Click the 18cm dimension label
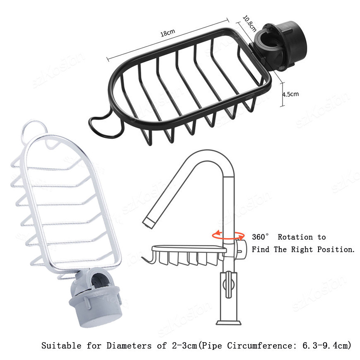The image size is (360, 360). (x=168, y=33)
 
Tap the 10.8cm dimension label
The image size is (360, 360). (x=249, y=24)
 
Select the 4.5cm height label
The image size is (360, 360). (x=291, y=94)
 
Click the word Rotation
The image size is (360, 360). (x=295, y=237)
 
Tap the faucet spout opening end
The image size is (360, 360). (x=149, y=223)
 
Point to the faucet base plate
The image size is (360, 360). (x=229, y=323)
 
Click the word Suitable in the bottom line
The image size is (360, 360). (x=61, y=346)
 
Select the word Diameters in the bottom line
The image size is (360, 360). (x=129, y=346)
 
